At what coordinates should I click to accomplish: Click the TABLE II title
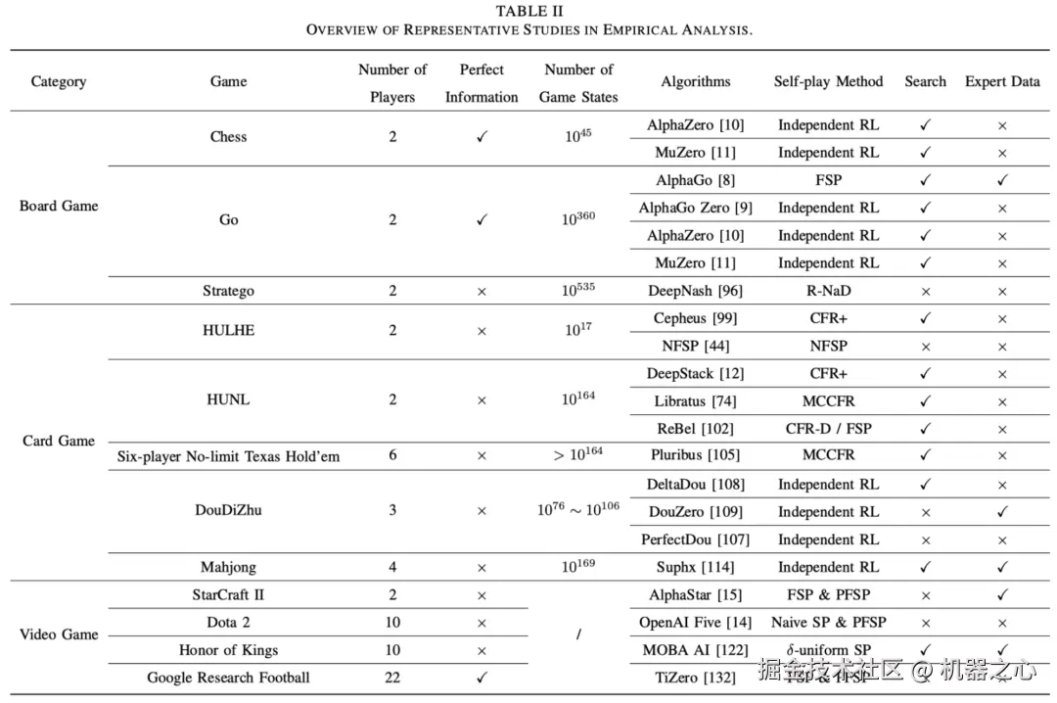pyautogui.click(x=528, y=11)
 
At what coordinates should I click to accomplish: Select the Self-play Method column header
pyautogui.click(x=828, y=82)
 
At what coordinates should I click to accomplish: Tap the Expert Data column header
pyautogui.click(x=1002, y=82)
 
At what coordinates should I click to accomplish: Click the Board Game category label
pyautogui.click(x=59, y=207)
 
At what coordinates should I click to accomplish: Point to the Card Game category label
pyautogui.click(x=59, y=441)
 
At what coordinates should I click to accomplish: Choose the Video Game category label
pyautogui.click(x=59, y=634)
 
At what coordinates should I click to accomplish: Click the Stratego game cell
pyautogui.click(x=228, y=291)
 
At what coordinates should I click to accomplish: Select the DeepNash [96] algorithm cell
pyautogui.click(x=695, y=291)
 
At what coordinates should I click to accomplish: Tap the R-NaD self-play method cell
pyautogui.click(x=828, y=291)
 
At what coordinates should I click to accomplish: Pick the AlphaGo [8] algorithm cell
pyautogui.click(x=695, y=180)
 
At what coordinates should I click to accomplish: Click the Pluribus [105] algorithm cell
pyautogui.click(x=695, y=455)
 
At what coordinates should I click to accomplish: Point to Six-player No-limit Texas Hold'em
pyautogui.click(x=228, y=456)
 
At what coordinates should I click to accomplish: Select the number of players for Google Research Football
pyautogui.click(x=392, y=678)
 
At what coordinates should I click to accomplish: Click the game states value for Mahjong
pyautogui.click(x=577, y=567)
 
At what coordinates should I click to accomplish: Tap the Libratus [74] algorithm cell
pyautogui.click(x=695, y=401)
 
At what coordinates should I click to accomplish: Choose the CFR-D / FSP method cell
pyautogui.click(x=828, y=429)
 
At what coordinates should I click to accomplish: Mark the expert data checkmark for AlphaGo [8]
pyautogui.click(x=1002, y=180)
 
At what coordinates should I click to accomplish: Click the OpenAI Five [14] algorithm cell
pyautogui.click(x=695, y=623)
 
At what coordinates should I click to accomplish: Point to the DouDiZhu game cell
pyautogui.click(x=228, y=510)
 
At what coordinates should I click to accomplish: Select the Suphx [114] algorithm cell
pyautogui.click(x=695, y=567)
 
